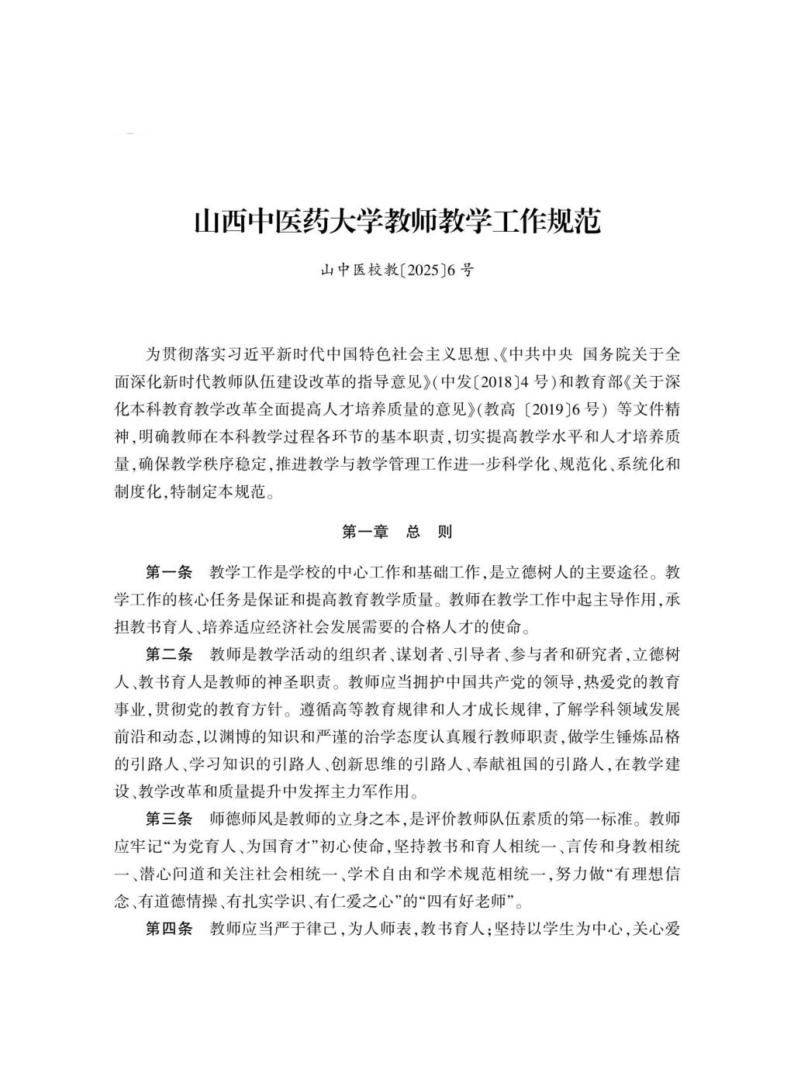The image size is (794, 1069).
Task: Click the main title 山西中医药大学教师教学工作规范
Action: (397, 222)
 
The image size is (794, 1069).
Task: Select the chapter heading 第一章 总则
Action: (397, 532)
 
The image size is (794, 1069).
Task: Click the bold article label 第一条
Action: (169, 573)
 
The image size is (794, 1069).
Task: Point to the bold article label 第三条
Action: (169, 818)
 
